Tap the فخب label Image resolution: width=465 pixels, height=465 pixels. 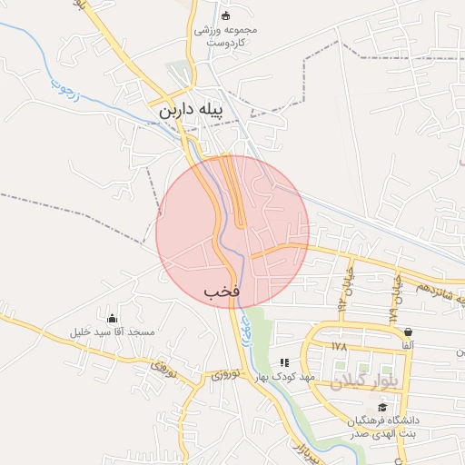point(222,291)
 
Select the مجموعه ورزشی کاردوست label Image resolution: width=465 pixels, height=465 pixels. point(226,35)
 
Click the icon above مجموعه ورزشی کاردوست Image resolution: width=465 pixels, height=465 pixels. point(226,15)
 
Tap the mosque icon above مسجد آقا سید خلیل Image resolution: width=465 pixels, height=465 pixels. point(113,318)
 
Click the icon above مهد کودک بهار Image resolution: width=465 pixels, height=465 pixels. point(284,362)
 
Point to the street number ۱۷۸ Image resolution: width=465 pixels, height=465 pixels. point(340,346)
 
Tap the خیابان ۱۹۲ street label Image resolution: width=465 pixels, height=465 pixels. point(345,284)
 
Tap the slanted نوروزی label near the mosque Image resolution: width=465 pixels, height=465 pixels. point(161,368)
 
